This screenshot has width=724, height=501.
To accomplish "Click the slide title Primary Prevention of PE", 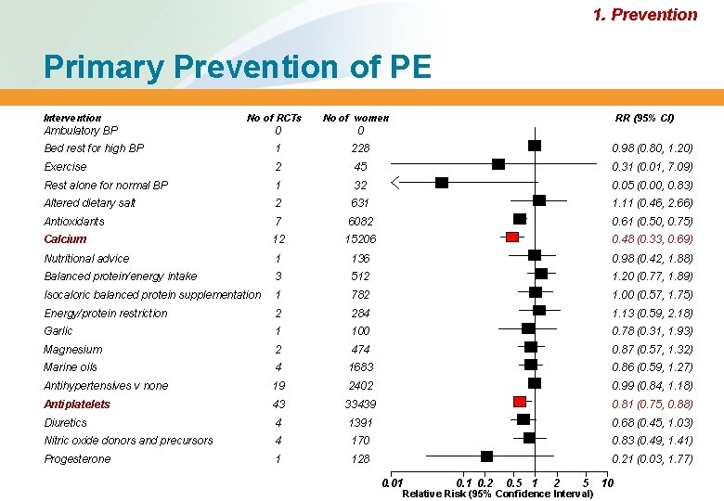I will (x=237, y=68).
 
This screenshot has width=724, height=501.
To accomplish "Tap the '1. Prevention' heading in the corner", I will (x=644, y=15).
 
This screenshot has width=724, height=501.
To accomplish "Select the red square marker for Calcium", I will (x=512, y=238).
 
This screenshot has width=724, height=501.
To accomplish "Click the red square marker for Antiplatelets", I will (x=520, y=402).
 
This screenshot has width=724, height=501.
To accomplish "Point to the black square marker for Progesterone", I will (x=486, y=456).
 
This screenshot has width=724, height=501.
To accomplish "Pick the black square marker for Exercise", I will (x=498, y=164).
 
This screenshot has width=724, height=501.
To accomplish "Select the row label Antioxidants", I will (x=74, y=222).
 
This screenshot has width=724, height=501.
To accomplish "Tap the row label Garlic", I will (x=58, y=331).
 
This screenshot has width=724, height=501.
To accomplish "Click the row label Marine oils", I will (x=71, y=367).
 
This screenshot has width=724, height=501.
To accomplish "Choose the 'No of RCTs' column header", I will (x=274, y=118).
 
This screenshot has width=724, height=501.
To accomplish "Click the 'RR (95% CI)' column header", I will (x=644, y=118).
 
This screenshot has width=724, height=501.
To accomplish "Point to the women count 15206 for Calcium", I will (x=360, y=239).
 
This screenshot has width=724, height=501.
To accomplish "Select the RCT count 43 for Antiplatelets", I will (x=278, y=405).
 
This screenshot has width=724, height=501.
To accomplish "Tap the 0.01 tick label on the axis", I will (x=393, y=482).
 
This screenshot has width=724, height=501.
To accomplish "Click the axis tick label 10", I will (x=607, y=482).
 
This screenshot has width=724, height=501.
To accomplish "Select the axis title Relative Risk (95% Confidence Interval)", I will (x=498, y=494).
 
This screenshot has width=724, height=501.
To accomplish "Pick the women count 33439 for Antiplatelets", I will (x=360, y=405).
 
